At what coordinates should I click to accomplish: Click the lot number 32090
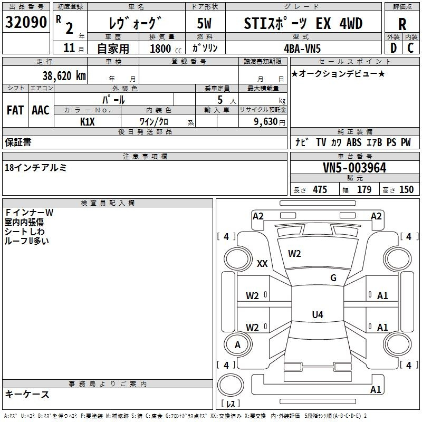pos(26,23)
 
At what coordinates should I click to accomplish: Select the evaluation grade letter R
pos(402,24)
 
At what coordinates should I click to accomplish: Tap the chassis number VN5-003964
pos(354,168)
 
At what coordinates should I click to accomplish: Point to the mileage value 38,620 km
pos(64,75)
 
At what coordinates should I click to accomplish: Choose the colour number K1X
pos(87,121)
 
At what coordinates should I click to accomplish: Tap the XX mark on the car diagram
pos(262,264)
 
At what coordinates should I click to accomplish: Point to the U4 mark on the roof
pos(317,315)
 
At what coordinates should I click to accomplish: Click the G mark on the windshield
pos(333,278)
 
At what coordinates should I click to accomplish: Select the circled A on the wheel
pos(237,345)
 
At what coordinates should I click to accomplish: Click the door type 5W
pos(205,24)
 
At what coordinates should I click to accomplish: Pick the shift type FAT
pos(15,110)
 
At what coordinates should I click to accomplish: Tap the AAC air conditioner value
pos(40,110)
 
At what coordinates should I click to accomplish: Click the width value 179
pos(364,190)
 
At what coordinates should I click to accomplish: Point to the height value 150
pos(406,190)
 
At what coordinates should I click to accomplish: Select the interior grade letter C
pos(410,48)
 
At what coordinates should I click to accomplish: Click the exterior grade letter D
pos(393,48)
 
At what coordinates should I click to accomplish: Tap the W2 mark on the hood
pos(294,254)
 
